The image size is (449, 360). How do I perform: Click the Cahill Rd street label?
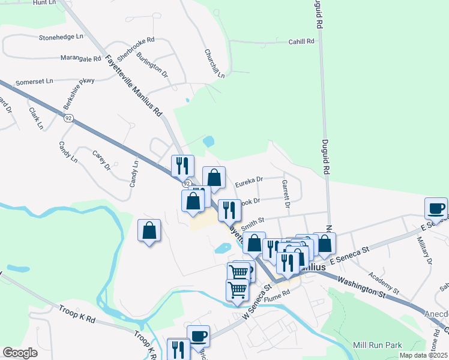coord(301,41)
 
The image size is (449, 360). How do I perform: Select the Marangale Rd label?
coord(80,58)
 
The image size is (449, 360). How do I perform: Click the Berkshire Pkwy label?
coord(79,91)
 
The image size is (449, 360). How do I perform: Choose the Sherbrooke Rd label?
coord(136,47)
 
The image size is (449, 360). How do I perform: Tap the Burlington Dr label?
coord(151,65)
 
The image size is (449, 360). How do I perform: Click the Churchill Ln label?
coord(214,63)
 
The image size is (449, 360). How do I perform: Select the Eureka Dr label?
coord(249,179)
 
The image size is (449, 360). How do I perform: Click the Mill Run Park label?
coord(377,345)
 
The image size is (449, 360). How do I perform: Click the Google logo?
coord(19,353)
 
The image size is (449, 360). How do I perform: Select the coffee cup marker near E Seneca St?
coord(436,208)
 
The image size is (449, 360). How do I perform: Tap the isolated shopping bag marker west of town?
coord(149,230)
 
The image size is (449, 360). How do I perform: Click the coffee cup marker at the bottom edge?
coord(198,336)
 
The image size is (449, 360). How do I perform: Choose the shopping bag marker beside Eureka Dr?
coord(214,178)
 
